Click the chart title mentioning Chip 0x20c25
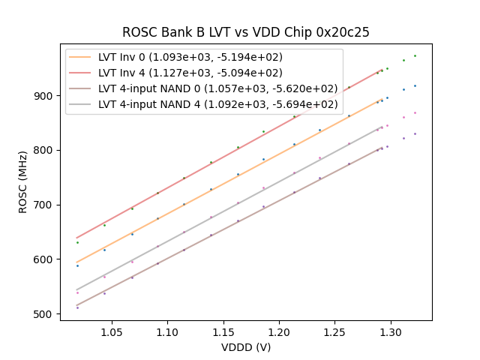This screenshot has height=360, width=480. click(x=246, y=32)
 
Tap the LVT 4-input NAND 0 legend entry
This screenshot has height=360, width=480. click(x=217, y=88)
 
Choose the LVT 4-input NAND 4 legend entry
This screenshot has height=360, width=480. click(x=217, y=104)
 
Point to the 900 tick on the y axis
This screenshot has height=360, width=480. click(x=45, y=96)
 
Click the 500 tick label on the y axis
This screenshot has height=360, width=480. click(x=45, y=314)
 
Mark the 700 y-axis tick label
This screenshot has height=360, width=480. click(x=45, y=205)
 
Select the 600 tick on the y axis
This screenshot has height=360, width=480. click(x=45, y=259)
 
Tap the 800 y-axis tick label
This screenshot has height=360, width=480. click(x=45, y=150)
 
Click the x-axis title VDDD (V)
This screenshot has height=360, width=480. click(x=246, y=347)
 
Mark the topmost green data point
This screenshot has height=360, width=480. click(x=415, y=55)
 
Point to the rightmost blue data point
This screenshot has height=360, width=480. click(x=415, y=85)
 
